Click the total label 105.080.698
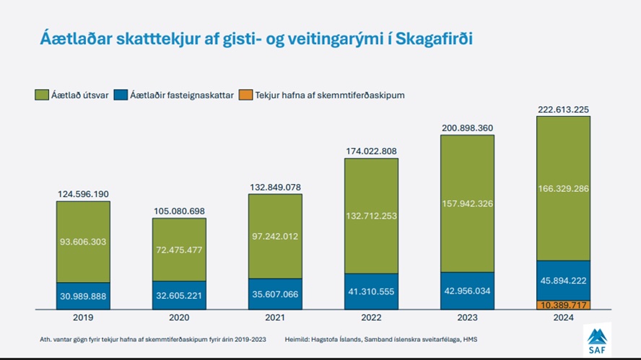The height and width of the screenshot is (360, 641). click(179, 211)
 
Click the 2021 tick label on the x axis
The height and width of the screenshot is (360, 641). click(275, 317)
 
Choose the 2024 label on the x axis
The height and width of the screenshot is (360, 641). click(563, 317)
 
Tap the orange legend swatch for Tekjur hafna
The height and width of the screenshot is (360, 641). click(245, 95)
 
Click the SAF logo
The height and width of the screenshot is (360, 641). click(596, 340)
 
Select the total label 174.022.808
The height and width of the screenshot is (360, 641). click(371, 151)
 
